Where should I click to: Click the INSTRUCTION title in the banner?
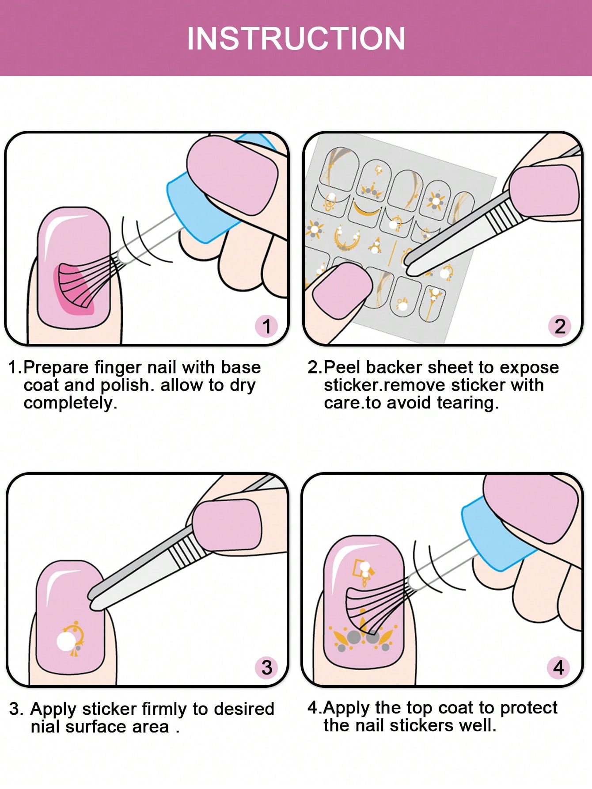pyautogui.click(x=296, y=39)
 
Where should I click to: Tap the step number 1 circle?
pyautogui.click(x=266, y=326)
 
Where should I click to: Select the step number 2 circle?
pyautogui.click(x=559, y=326)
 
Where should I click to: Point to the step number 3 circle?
pyautogui.click(x=266, y=667)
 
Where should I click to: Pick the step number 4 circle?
pyautogui.click(x=558, y=667)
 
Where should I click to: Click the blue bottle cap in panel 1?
pyautogui.click(x=199, y=208)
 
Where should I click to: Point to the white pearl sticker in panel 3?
pyautogui.click(x=65, y=641)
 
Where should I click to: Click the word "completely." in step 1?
pyautogui.click(x=71, y=403)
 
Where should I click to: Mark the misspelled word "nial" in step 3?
pyautogui.click(x=45, y=727)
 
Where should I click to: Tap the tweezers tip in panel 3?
pyautogui.click(x=94, y=597)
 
